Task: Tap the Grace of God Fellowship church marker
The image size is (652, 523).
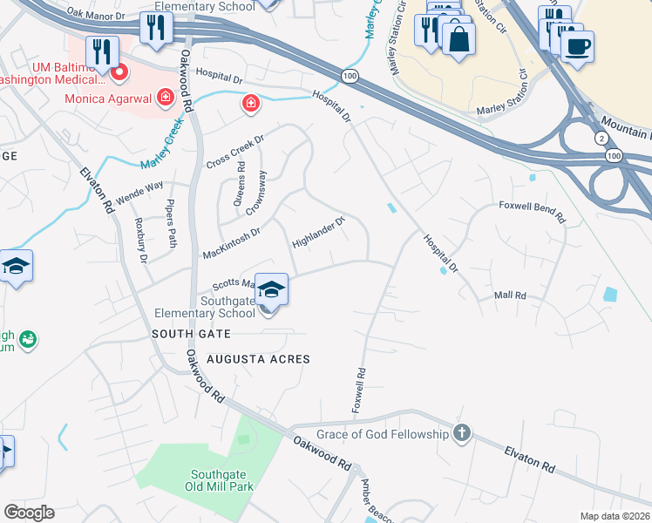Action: click(462, 433)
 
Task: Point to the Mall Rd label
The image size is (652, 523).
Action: click(510, 296)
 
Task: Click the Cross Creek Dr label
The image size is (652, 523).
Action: click(234, 153)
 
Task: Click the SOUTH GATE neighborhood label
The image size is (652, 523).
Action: click(191, 334)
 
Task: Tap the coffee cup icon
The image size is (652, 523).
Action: click(577, 45)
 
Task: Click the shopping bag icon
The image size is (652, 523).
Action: click(458, 38)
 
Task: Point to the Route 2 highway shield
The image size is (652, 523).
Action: click(601, 139)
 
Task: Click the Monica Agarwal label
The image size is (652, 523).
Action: click(108, 98)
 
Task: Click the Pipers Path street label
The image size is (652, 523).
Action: click(171, 226)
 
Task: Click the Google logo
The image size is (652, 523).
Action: click(29, 513)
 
